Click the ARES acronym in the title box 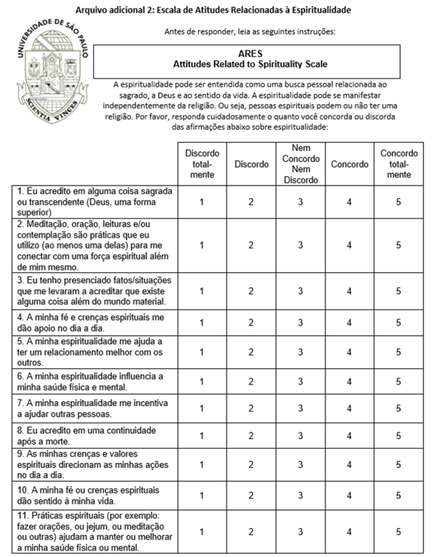(x=250, y=53)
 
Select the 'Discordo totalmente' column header (x=202, y=164)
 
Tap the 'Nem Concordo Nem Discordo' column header (x=300, y=164)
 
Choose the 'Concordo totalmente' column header (x=399, y=164)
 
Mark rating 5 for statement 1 (x=399, y=202)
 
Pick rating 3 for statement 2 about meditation (x=300, y=245)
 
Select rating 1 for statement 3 (x=202, y=291)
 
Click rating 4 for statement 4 (x=349, y=323)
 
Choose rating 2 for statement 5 (x=251, y=352)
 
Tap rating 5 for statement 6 (x=399, y=381)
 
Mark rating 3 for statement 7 (x=300, y=409)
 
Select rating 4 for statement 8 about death (x=349, y=435)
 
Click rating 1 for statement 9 (x=202, y=464)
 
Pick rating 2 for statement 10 (x=251, y=495)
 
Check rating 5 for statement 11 (x=399, y=531)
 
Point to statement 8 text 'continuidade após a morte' (x=87, y=435)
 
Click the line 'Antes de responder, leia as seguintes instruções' (x=250, y=31)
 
